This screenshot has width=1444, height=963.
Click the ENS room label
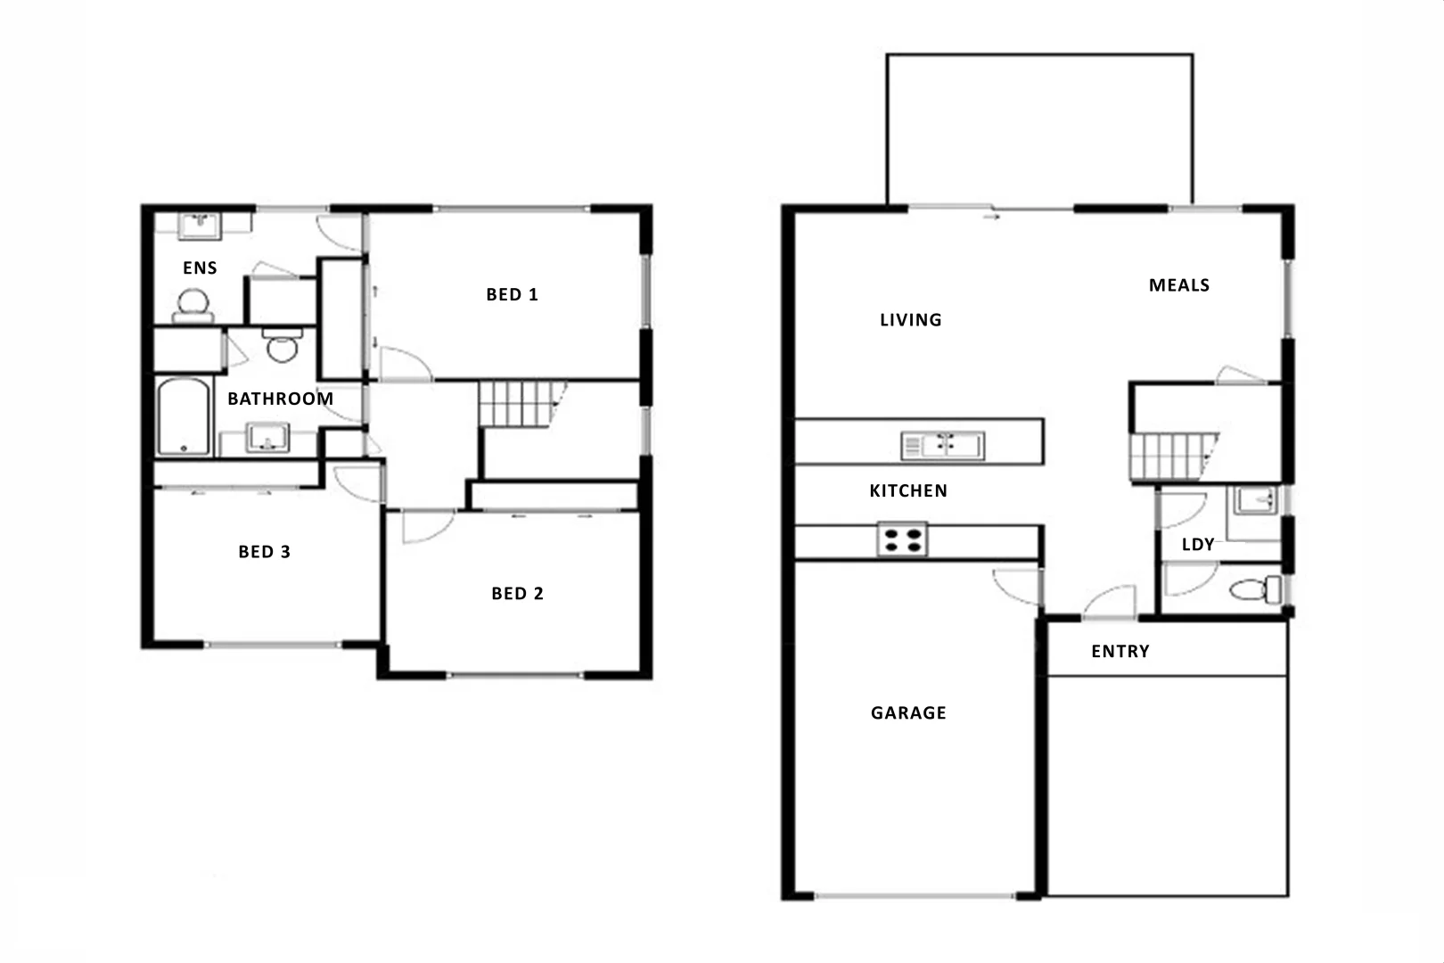tap(200, 267)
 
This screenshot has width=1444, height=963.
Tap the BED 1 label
tap(512, 294)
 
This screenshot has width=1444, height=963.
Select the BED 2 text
tap(517, 594)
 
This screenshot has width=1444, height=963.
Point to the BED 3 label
tap(264, 552)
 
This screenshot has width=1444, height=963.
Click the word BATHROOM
tap(280, 399)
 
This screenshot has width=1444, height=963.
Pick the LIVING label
tap(910, 320)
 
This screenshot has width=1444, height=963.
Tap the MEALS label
tap(1178, 285)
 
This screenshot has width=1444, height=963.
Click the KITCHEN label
tap(907, 490)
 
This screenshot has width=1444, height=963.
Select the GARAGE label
tap(907, 712)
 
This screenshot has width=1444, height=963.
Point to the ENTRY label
tap(1120, 652)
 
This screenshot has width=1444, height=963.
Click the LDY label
tap(1197, 545)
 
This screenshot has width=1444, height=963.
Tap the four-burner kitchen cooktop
tap(902, 539)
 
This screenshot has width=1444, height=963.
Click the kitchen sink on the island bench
tap(942, 444)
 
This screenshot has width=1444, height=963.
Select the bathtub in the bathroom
tap(184, 417)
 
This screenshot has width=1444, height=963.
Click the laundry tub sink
tap(1255, 500)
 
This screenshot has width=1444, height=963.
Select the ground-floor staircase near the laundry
tap(1172, 457)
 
